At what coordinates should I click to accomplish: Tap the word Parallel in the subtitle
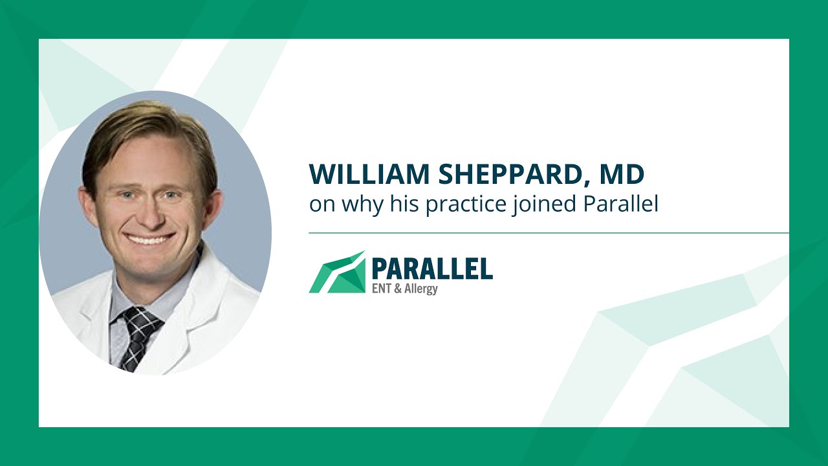[x=621, y=204]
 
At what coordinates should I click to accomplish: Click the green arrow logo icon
[x=336, y=272]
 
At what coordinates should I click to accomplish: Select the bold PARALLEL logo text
[x=431, y=268]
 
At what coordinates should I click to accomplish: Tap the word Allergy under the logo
[x=420, y=289]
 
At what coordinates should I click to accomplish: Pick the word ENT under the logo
[x=380, y=288]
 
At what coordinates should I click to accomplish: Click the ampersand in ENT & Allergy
[x=397, y=288]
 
